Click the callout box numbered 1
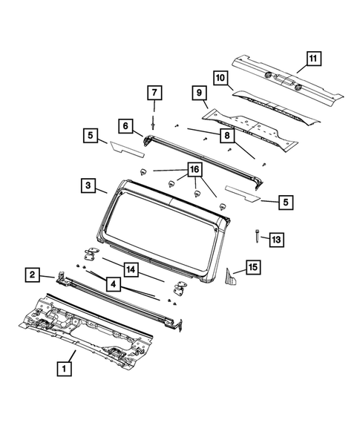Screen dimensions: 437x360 tap(65, 367)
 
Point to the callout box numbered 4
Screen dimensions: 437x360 tap(113, 283)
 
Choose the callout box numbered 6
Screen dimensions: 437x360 tap(125, 125)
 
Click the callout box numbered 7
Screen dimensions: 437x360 tap(154, 93)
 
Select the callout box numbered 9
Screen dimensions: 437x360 tap(200, 93)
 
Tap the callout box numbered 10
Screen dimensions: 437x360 tap(220, 76)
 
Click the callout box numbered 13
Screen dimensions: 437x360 tap(275, 239)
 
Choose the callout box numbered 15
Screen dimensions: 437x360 tap(252, 267)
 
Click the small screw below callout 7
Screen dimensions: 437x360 tap(154, 123)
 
